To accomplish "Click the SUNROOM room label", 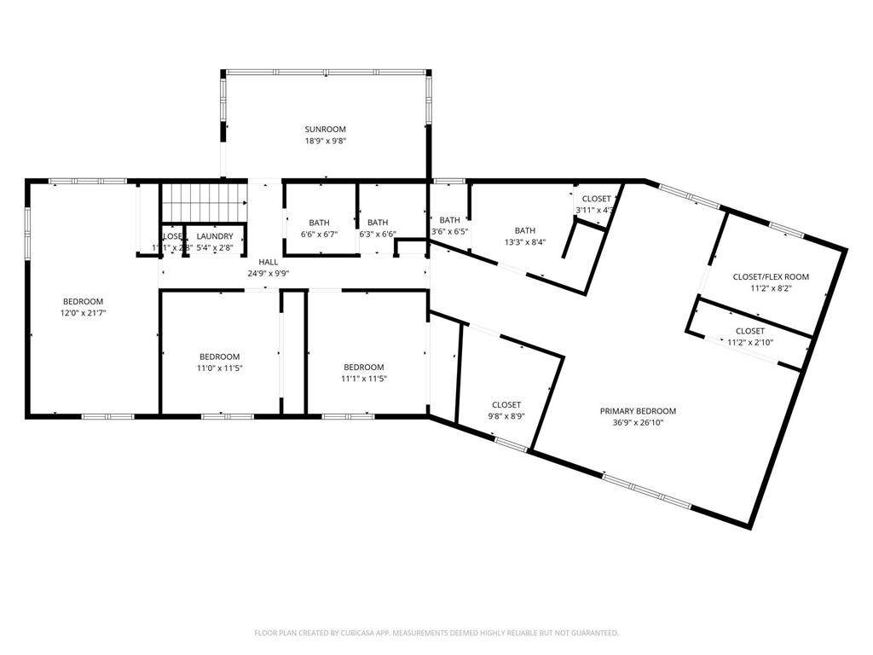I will coord(325,129).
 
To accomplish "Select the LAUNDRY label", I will coord(214,236).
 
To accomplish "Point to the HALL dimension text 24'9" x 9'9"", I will coord(269,274).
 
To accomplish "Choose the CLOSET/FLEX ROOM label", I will coord(771,277).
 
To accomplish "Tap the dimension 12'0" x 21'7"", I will coord(83,313).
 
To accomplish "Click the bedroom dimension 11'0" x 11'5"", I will coord(219,368).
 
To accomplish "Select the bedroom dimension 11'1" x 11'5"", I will coord(364,379).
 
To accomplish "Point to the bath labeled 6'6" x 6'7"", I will coord(320,234).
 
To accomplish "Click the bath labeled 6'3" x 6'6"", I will coord(377,234).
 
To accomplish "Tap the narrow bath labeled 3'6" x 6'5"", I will coord(449,231).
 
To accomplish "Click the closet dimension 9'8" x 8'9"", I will coord(506,416).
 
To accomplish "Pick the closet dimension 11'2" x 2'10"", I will coord(749,342).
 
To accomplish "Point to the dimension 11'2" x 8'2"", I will coord(771,288).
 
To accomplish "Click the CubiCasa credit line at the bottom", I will coord(436,633).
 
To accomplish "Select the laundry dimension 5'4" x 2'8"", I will coord(214,247).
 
